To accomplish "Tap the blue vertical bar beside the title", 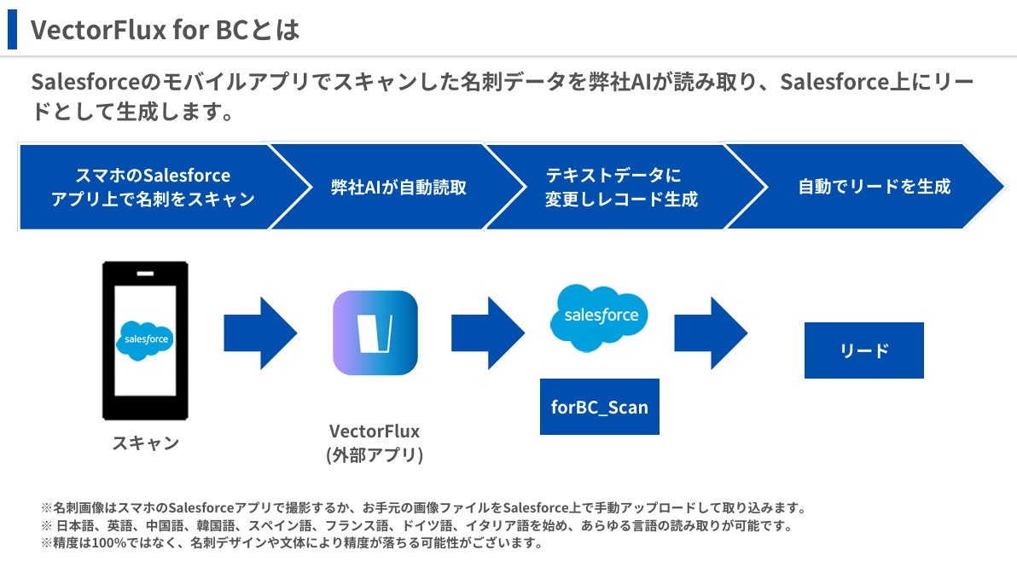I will [12, 30].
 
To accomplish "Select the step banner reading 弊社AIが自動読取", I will [398, 188].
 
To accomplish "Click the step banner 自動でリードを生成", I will [874, 187].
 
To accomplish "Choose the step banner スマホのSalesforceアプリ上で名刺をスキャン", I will [153, 188].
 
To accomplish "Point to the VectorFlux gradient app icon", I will [375, 333].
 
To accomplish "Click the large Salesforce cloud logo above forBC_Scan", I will [600, 316].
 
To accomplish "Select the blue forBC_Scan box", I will [600, 407].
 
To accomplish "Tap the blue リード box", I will [863, 350].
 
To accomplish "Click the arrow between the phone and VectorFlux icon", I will [260, 333].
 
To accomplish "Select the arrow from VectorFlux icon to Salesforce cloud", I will [487, 333].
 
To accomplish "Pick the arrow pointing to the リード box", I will [711, 333].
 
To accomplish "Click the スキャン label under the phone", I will [145, 443].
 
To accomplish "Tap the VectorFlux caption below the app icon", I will [375, 431].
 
